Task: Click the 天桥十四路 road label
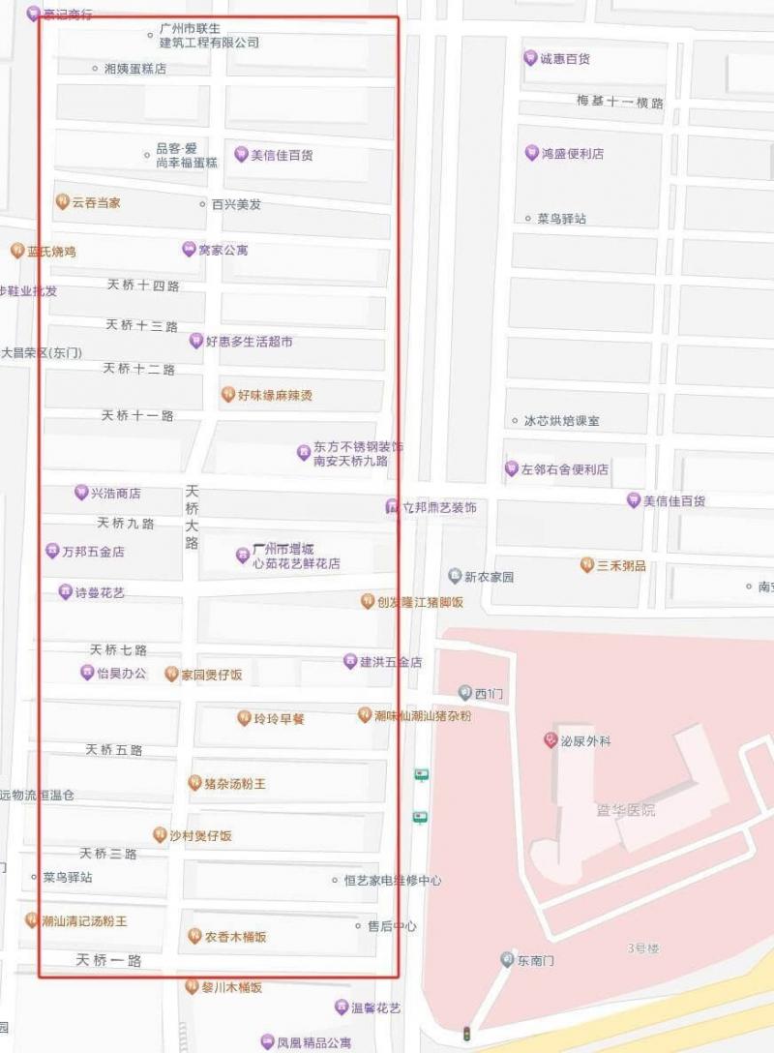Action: click(143, 286)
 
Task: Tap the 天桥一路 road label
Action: click(108, 961)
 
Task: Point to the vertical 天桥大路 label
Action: click(192, 517)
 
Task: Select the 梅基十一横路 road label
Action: click(619, 103)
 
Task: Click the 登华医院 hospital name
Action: click(626, 809)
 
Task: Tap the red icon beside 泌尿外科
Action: click(550, 740)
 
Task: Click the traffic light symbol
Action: click(467, 1033)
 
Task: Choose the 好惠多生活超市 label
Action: click(249, 342)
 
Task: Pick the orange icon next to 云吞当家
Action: click(62, 202)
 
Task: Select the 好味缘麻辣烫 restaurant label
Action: click(275, 395)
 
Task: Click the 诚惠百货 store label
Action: click(565, 59)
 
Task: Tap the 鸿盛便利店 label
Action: click(572, 154)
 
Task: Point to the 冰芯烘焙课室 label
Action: click(561, 421)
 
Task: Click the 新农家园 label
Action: click(489, 577)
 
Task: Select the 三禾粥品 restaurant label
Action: click(621, 565)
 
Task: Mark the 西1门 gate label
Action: click(489, 694)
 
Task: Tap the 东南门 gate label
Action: click(535, 960)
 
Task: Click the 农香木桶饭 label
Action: click(235, 937)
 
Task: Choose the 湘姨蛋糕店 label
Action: click(134, 69)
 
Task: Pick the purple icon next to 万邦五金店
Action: click(51, 552)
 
